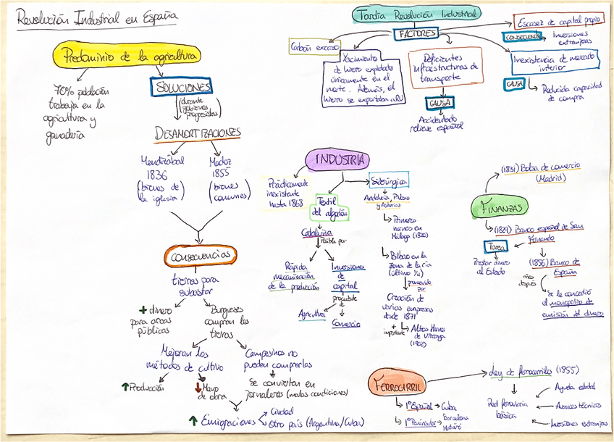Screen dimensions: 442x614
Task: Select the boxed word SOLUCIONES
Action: [x=184, y=87]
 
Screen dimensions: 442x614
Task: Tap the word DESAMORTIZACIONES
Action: [x=197, y=134]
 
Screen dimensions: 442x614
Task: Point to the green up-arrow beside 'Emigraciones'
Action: [x=193, y=420]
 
